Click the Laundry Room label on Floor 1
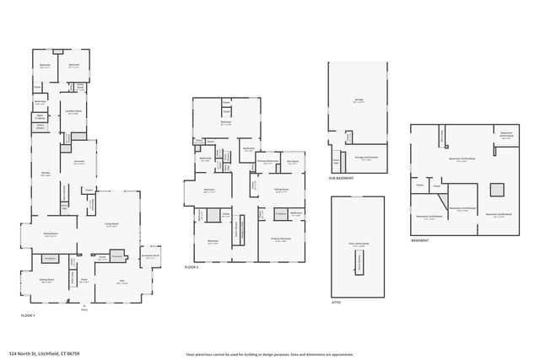point(73,111)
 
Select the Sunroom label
point(78,164)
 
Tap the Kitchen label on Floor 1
point(45,175)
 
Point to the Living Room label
point(111,225)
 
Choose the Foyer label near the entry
point(84,282)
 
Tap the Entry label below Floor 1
point(84,310)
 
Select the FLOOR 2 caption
point(192,266)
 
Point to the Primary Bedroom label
point(281,240)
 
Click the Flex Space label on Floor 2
point(292,162)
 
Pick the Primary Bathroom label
point(267,162)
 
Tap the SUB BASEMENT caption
point(341,179)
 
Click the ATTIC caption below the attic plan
point(336,301)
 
